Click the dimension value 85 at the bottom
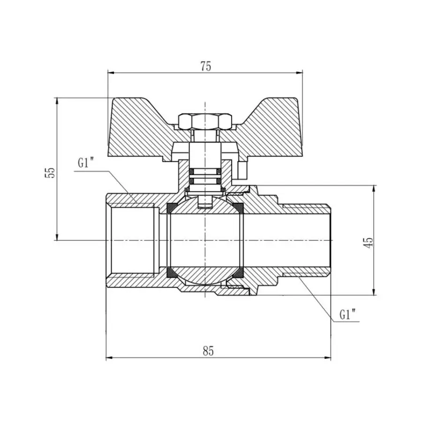click(209, 351)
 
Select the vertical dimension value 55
click(51, 172)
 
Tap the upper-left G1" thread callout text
click(86, 164)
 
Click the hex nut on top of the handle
click(205, 121)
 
